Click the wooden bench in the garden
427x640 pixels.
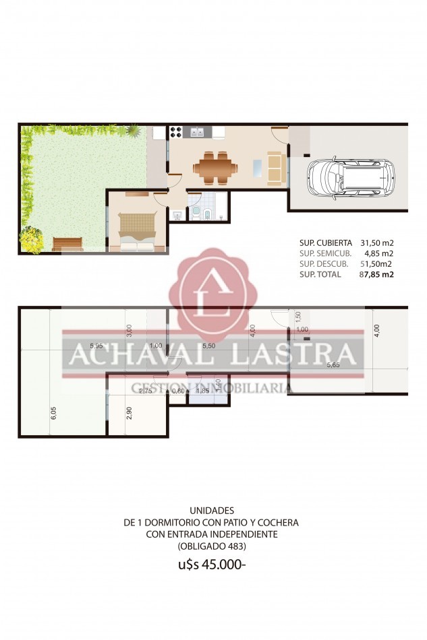(67, 244)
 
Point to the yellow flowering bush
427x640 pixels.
(31, 238)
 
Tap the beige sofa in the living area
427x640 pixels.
(275, 168)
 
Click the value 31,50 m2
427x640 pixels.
(377, 243)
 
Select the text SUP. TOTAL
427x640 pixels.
(324, 275)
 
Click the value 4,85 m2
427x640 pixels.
(380, 253)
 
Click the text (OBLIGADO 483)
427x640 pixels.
(212, 545)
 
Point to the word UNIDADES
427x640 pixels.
(212, 511)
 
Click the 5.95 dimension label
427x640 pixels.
(96, 346)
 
